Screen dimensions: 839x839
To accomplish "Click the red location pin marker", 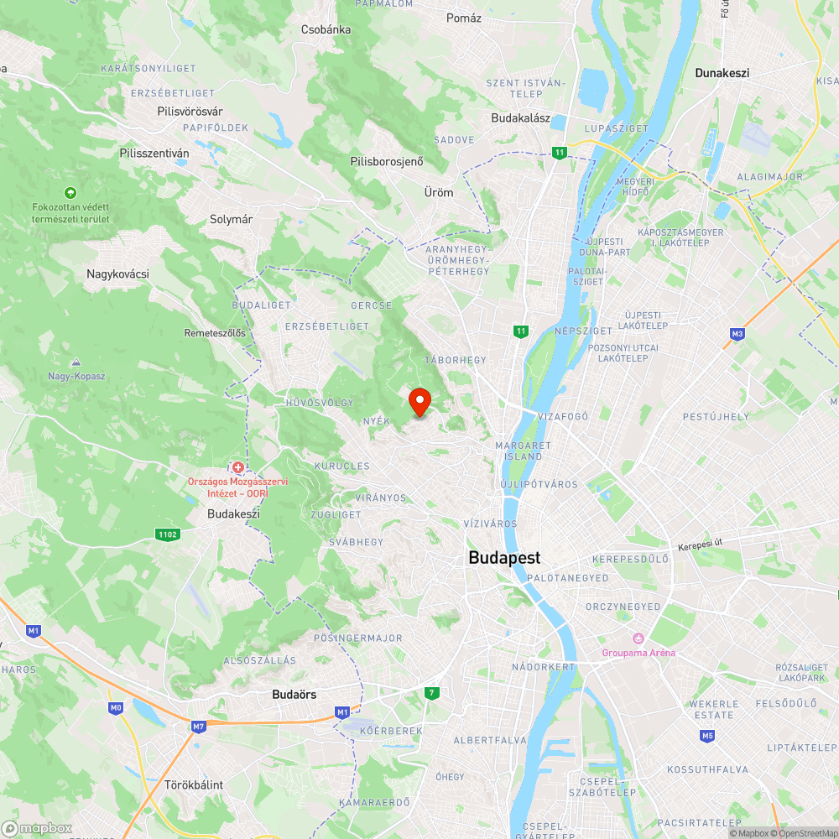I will (419, 401).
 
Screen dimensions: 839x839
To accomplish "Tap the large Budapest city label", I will (504, 558).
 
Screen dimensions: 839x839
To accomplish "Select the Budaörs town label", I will (294, 695).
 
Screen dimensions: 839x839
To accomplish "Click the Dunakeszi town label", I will (722, 73).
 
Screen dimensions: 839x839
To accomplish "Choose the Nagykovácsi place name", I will (117, 274).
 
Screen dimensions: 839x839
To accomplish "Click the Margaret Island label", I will (524, 451).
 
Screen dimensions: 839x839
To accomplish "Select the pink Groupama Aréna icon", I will (638, 638).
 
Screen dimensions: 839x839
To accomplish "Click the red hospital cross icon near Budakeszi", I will (238, 466).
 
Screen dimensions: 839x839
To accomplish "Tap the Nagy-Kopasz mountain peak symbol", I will (76, 362).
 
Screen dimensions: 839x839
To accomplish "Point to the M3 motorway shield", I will (737, 334).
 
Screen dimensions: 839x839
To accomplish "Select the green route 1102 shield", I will (167, 534).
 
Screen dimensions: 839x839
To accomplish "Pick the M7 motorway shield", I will (198, 727).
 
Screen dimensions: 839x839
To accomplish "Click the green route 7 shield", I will (432, 693).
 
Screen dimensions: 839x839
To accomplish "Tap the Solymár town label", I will (231, 219).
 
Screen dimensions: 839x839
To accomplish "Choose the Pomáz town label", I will (464, 18).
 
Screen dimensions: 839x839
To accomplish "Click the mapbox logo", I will (38, 828).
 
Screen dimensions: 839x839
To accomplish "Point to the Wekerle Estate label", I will (712, 709).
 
